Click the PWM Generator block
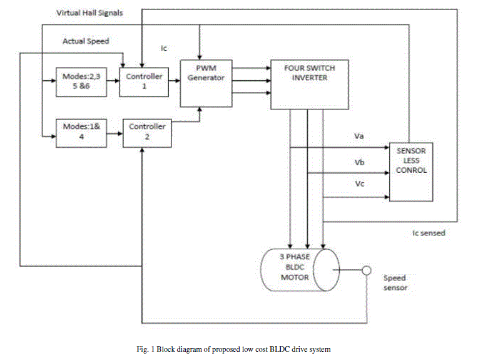206,83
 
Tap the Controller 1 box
144,81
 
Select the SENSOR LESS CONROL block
410,172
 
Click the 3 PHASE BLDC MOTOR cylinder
299,269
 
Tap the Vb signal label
359,162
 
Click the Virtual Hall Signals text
89,13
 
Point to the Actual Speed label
85,41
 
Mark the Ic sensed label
429,234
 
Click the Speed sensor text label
395,283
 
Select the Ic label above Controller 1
165,48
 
